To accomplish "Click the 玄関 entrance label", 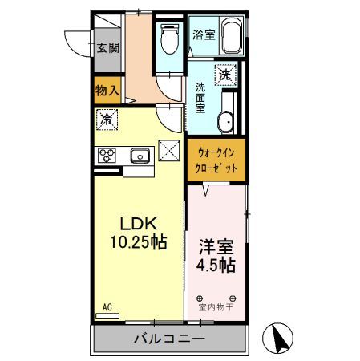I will point(108,47).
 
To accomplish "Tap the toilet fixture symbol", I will point(170,37).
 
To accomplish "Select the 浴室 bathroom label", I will point(203,34).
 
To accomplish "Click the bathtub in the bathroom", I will point(231,37).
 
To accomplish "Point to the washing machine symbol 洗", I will point(226,75).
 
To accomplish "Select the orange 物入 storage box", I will point(107,90).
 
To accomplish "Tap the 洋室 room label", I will point(215,245).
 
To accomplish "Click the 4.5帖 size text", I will point(215,264).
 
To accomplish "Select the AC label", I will point(107,305).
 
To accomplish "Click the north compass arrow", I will point(281,337).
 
